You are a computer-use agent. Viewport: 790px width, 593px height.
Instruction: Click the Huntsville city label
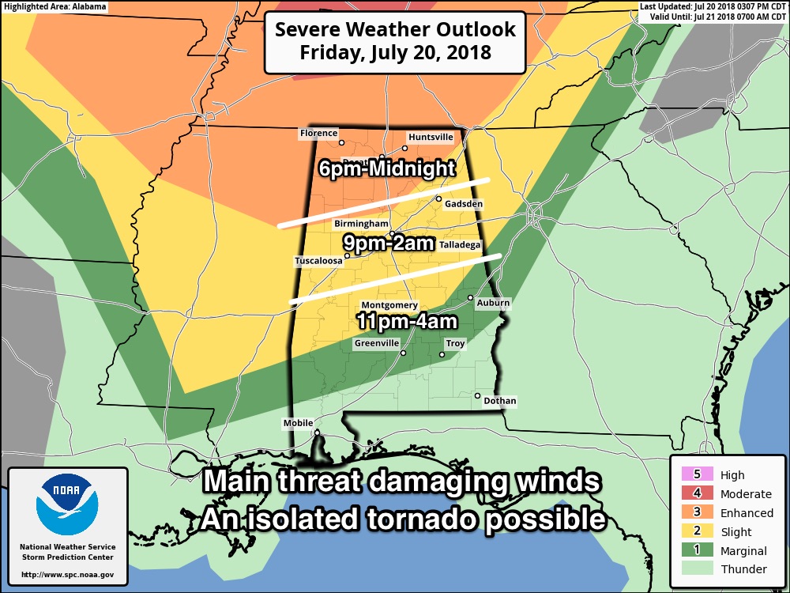tap(431, 137)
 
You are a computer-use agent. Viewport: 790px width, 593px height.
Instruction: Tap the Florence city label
tap(318, 134)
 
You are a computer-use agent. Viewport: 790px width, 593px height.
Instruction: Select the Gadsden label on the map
tap(464, 204)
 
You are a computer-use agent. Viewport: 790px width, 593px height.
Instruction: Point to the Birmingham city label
tap(361, 225)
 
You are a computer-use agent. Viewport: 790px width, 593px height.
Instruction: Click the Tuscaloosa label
tap(318, 260)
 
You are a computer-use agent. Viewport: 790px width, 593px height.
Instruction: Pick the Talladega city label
tap(460, 246)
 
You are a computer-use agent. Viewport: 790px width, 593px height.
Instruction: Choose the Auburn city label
tap(493, 303)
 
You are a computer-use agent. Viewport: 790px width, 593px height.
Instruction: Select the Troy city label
tap(456, 344)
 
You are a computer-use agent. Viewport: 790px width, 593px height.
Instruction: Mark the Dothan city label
tap(499, 401)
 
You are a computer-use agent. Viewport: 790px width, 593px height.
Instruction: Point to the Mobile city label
tap(298, 424)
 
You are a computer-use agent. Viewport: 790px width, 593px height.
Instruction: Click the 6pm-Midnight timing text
tap(387, 168)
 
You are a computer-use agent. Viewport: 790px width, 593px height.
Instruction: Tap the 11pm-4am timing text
tap(406, 322)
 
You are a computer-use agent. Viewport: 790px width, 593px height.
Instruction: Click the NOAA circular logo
tap(68, 504)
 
